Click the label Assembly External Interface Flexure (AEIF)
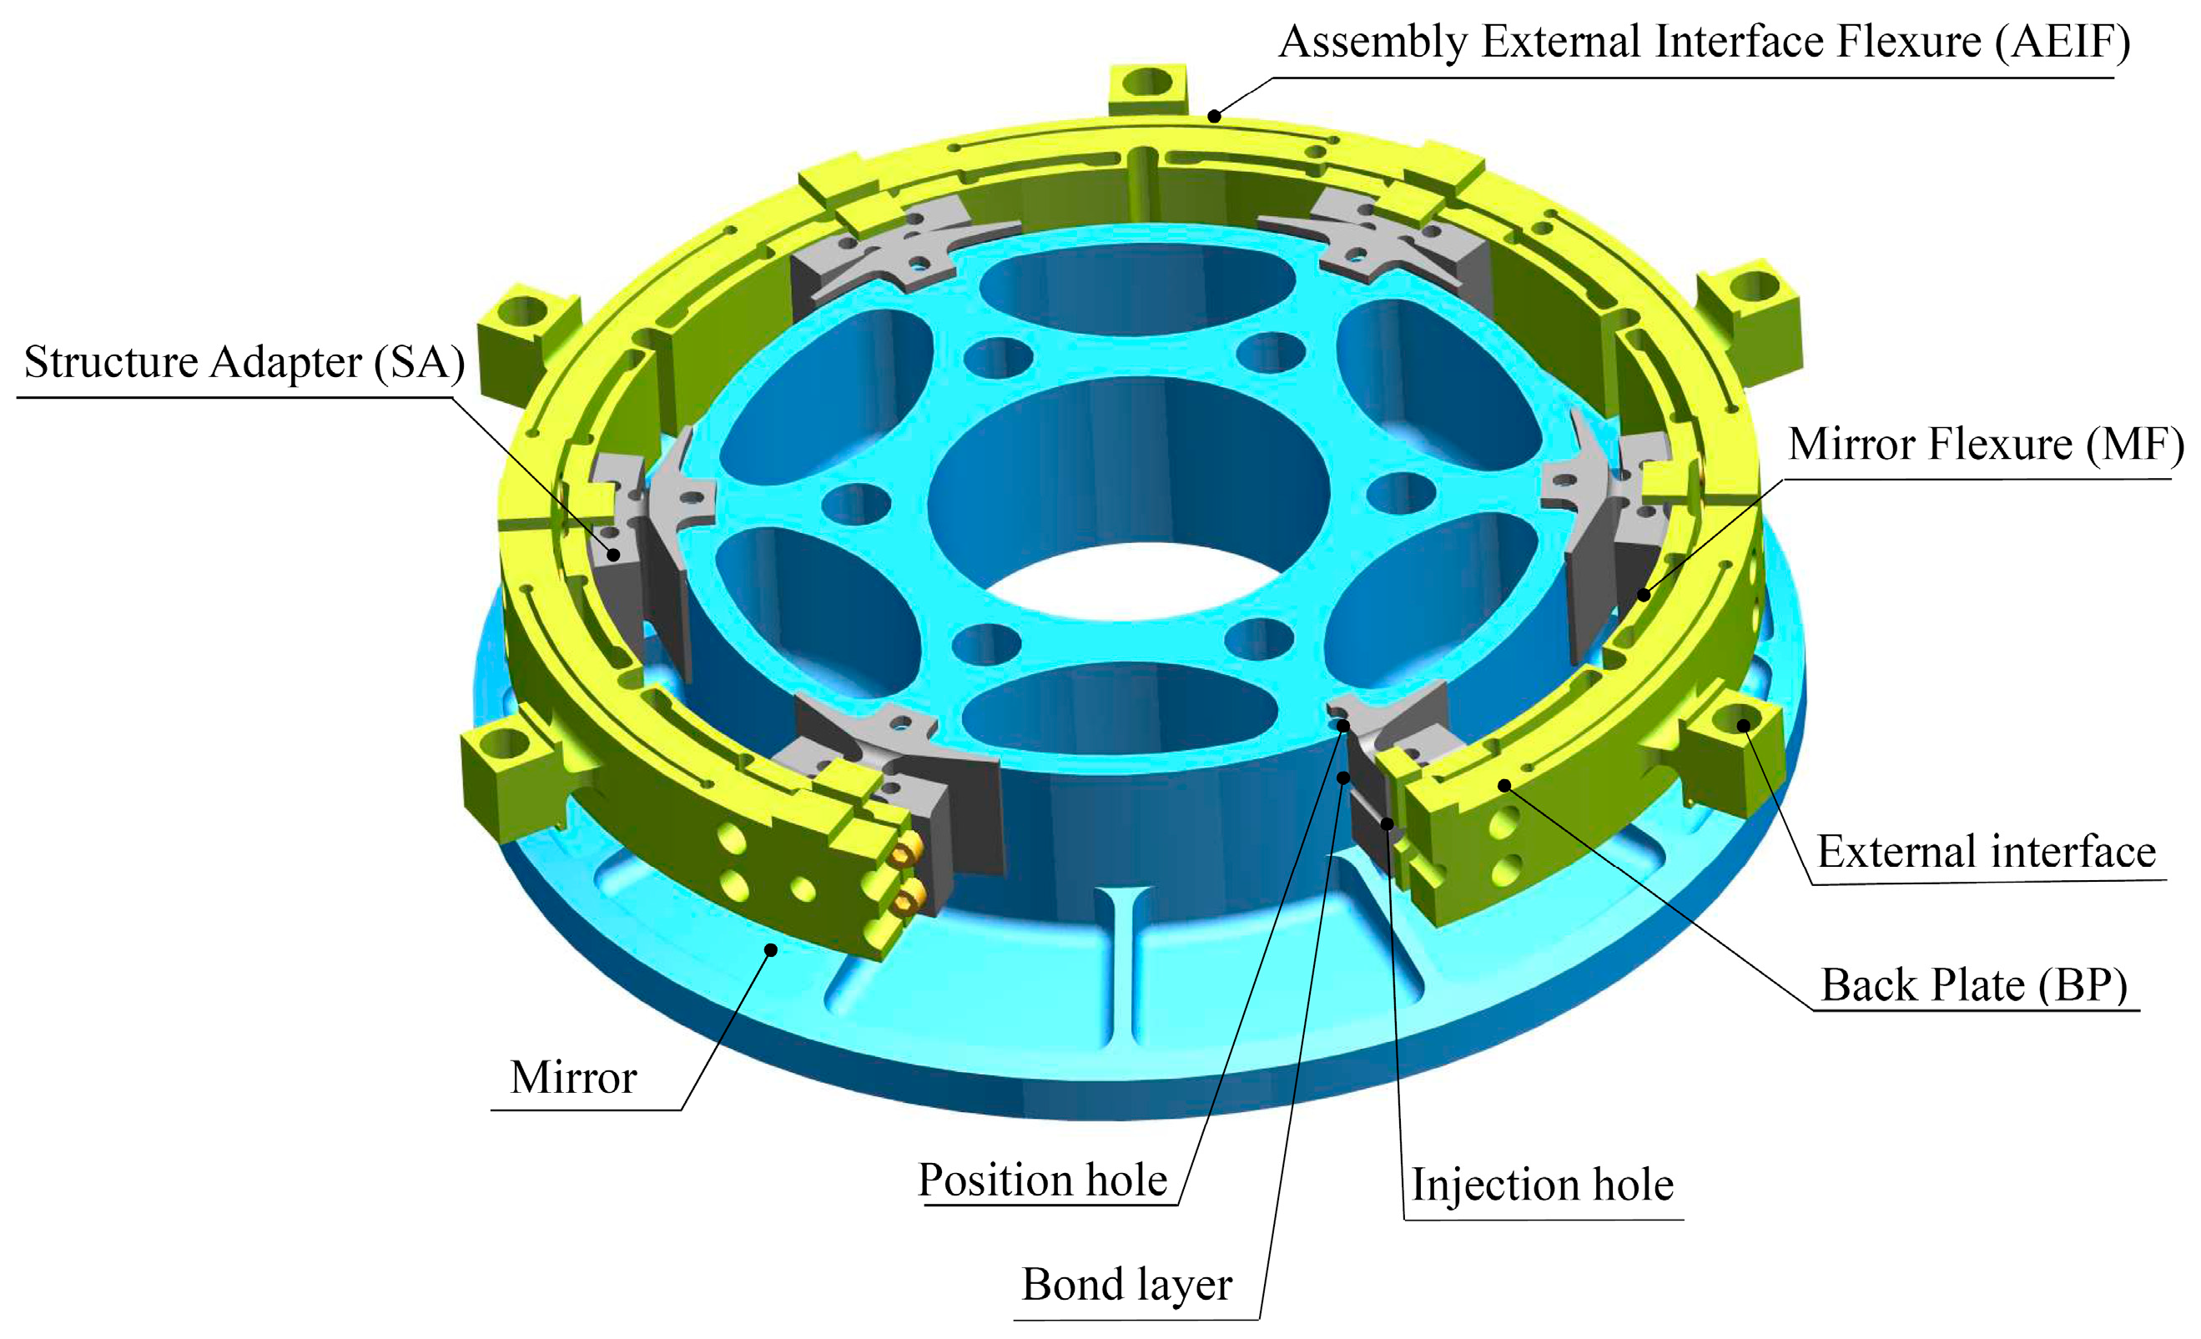point(1704,42)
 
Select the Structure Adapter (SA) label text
point(244,363)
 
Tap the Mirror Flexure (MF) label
point(1984,444)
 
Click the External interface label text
point(1986,851)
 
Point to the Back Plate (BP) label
point(1973,985)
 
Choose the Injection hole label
point(1542,1185)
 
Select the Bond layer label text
point(1126,1285)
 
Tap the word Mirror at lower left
point(572,1077)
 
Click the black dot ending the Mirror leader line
point(771,949)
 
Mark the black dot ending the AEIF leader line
point(1214,116)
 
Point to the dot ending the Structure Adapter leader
point(614,555)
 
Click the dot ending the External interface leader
point(1743,724)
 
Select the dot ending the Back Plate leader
point(1504,786)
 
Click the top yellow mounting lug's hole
point(1147,83)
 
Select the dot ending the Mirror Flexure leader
point(1644,595)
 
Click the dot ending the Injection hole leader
point(1388,823)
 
